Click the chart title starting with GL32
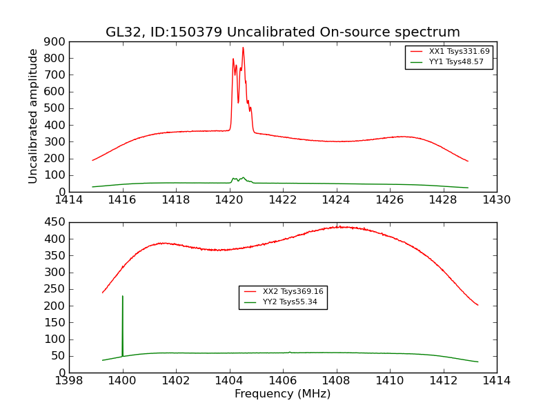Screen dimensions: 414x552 [x=282, y=32]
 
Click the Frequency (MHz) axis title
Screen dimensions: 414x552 [x=282, y=394]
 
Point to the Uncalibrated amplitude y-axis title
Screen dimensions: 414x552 [x=34, y=116]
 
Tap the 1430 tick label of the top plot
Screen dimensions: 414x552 [x=496, y=200]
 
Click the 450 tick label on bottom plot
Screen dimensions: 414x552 [x=56, y=222]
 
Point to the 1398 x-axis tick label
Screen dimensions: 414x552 [x=69, y=381]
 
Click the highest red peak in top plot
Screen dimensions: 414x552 [x=243, y=48]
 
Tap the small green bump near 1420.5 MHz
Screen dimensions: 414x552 [x=242, y=178]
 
